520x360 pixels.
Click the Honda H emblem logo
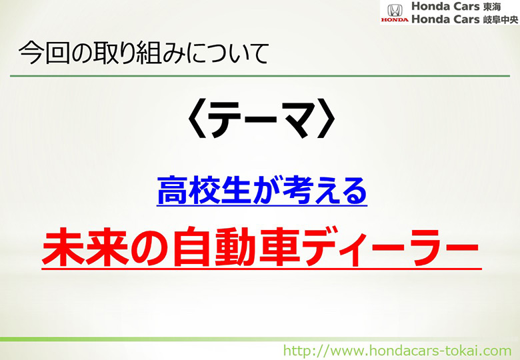coord(395,10)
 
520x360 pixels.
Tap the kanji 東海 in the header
coord(492,7)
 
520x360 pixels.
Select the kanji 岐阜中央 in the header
coord(501,20)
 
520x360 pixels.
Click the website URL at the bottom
coord(397,351)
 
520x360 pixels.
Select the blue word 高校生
coord(203,190)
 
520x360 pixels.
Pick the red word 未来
coord(85,247)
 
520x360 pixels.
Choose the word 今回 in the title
coord(44,53)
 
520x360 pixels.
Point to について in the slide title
coord(227,53)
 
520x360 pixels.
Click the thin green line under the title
coord(260,76)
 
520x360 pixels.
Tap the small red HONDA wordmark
coord(395,20)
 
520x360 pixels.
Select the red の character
coord(151,247)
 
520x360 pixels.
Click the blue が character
coord(266,190)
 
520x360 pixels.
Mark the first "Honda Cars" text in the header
coord(445,6)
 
